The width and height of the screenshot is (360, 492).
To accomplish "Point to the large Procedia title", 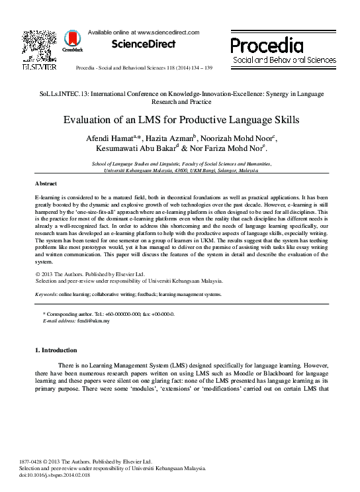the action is point(267,45).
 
